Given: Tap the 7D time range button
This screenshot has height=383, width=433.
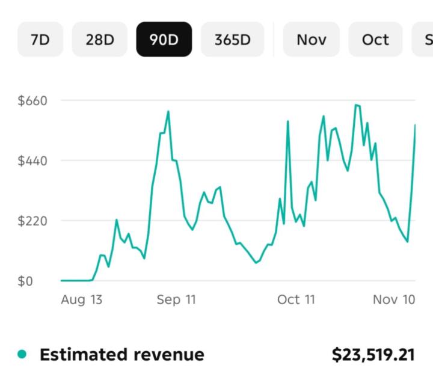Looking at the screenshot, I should point(40,40).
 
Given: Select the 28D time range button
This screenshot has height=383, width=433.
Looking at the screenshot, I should point(99,40).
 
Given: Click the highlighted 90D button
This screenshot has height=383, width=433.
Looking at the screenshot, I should point(164,40).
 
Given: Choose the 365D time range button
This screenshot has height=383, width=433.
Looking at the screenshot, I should point(232,40).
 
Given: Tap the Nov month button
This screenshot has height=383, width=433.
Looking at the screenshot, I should point(312,40).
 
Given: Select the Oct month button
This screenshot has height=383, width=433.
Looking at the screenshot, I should point(375,40).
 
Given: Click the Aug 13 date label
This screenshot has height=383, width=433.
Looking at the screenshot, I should point(82,299).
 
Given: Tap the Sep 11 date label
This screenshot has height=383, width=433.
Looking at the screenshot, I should point(176,299).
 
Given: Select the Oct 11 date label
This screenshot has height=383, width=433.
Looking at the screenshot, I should point(296,299).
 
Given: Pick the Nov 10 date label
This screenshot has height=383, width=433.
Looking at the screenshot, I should point(394,299).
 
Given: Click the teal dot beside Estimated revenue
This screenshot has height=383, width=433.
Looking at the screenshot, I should point(22,355).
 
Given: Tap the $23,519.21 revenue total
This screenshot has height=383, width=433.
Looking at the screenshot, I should point(373,355).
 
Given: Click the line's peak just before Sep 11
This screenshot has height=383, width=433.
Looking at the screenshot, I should point(168,111).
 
